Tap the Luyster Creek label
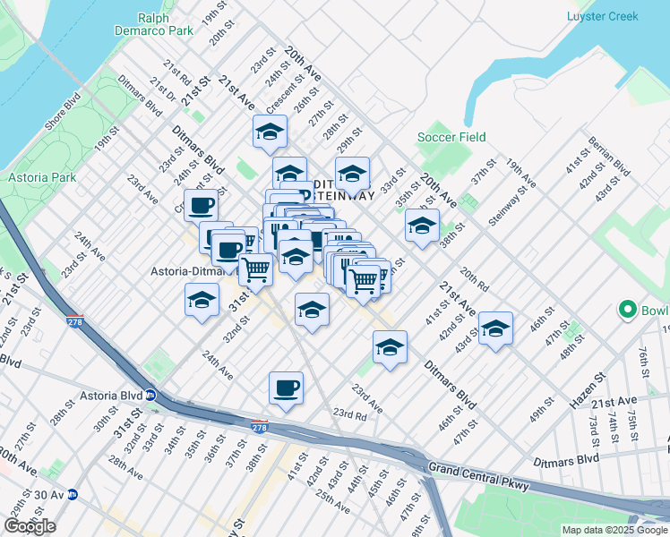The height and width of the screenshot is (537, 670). pyautogui.click(x=603, y=16)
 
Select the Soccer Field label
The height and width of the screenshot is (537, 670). pyautogui.click(x=451, y=137)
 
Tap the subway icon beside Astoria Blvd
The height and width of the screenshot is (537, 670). pyautogui.click(x=151, y=394)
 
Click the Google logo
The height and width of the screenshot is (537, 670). pyautogui.click(x=30, y=526)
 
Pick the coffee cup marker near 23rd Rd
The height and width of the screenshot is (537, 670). pyautogui.click(x=286, y=388)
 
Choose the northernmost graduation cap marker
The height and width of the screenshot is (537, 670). pyautogui.click(x=270, y=132)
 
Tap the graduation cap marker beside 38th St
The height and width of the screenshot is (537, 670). pyautogui.click(x=422, y=226)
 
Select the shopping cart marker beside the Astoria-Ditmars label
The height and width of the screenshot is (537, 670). pyautogui.click(x=256, y=268)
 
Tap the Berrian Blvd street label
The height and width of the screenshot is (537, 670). pyautogui.click(x=606, y=156)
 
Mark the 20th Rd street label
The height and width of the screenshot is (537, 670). pyautogui.click(x=474, y=277)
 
